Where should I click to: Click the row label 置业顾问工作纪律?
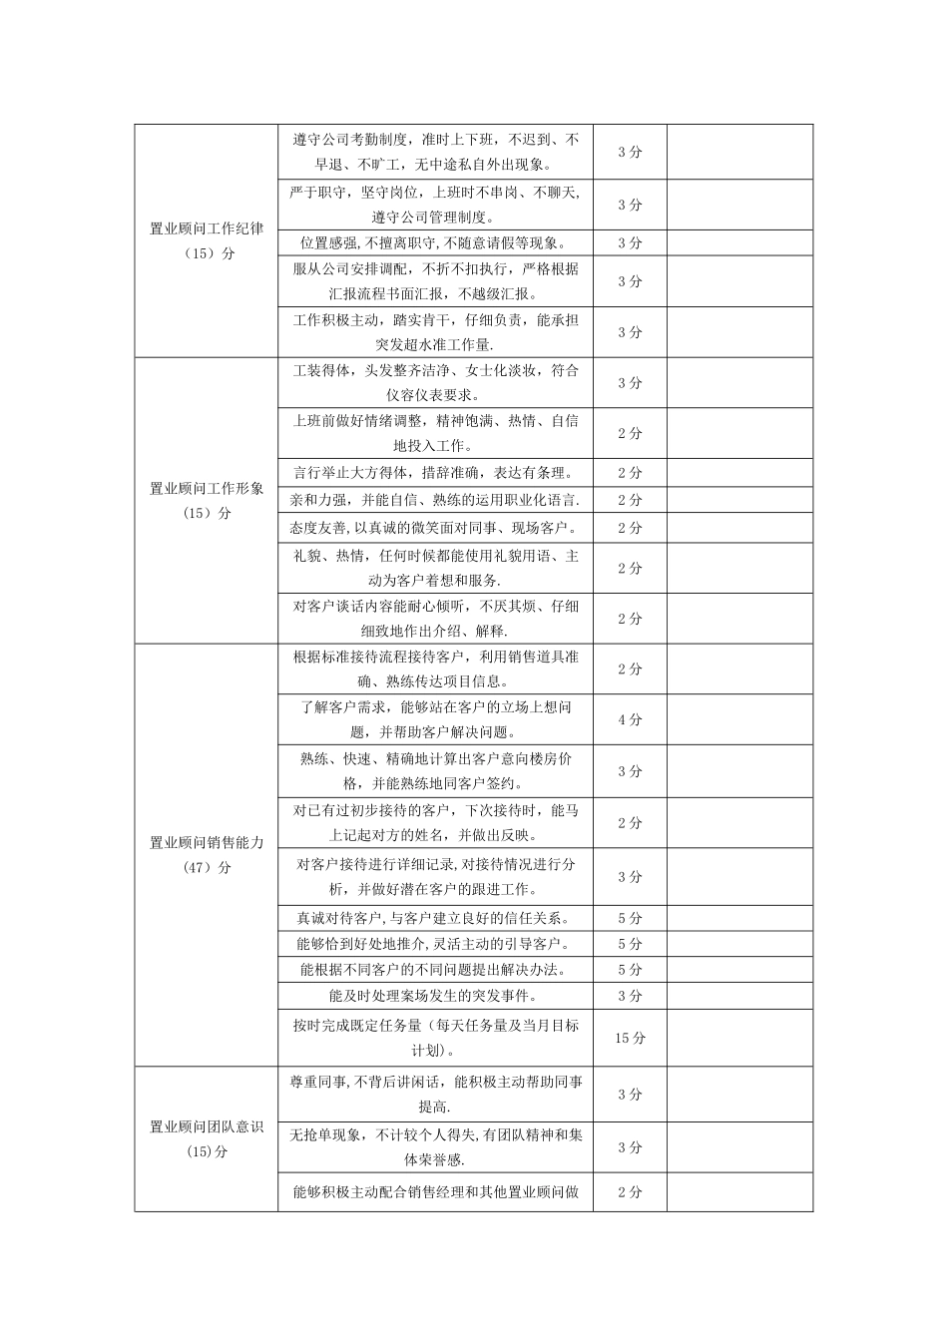tap(207, 228)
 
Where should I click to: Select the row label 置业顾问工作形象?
tap(207, 488)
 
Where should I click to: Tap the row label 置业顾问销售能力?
tap(207, 842)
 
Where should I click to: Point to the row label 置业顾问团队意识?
tap(207, 1126)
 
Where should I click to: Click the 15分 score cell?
tap(630, 1038)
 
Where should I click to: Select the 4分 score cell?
tap(630, 719)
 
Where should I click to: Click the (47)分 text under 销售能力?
tap(207, 867)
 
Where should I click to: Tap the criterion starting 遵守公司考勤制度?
tap(435, 152)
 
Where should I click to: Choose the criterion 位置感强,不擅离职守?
tap(435, 242)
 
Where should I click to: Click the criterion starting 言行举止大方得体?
tap(435, 473)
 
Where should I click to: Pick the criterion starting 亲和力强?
tap(435, 500)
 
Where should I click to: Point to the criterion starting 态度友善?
tap(435, 528)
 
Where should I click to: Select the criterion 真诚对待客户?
tap(435, 918)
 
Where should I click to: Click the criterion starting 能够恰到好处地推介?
tap(435, 944)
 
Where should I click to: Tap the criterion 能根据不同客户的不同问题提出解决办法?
tap(435, 970)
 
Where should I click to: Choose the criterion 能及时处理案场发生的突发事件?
tap(435, 996)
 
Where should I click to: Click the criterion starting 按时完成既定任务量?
tap(435, 1038)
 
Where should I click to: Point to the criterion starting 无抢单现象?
tap(435, 1147)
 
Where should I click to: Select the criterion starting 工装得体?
tap(435, 382)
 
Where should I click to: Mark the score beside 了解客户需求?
tap(630, 719)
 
